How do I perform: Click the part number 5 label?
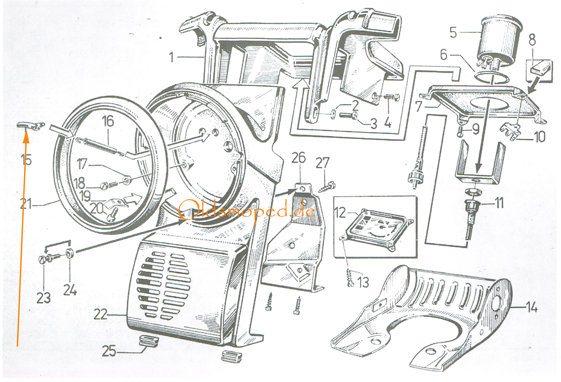point(453,32)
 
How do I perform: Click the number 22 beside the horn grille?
point(100,314)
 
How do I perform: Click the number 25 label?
point(109,351)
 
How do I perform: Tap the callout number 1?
point(171,57)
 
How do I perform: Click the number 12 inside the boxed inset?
point(340,213)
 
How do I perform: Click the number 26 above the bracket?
point(298,158)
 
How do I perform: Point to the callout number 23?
point(43,298)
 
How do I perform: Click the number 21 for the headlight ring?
point(26,204)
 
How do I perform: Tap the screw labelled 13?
point(350,279)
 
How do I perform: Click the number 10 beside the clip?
point(539,137)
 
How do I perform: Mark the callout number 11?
point(499,203)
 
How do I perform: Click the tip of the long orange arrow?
point(26,135)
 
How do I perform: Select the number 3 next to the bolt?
point(373,124)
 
